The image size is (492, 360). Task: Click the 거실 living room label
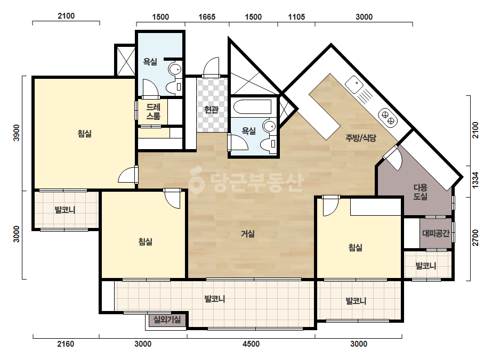coord(247,234)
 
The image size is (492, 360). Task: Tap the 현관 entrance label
coord(211,110)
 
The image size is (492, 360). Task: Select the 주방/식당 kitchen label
coord(361,138)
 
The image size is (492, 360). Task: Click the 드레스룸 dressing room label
coord(153,112)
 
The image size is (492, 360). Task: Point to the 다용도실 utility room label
coord(420,192)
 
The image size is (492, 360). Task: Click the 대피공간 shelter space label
coord(436,233)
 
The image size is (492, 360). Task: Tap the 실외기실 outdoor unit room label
coord(167,320)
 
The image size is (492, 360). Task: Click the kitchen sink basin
coord(354,84)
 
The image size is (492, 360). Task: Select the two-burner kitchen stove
coord(388,117)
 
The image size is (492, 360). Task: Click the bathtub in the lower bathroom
coord(253,107)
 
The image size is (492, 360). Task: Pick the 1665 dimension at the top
coord(207,17)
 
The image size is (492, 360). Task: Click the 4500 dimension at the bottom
coord(251,344)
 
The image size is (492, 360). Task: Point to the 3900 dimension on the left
coord(17,133)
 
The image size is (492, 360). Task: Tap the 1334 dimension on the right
coord(475,181)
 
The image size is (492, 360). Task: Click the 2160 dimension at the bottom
coord(66,344)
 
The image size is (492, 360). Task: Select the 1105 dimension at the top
coord(296,17)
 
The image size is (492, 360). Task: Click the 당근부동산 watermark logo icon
coord(196,181)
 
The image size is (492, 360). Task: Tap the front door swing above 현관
coord(211,67)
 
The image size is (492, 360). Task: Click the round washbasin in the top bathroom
coord(175,69)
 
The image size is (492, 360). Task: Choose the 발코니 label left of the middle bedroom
coord(65,210)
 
